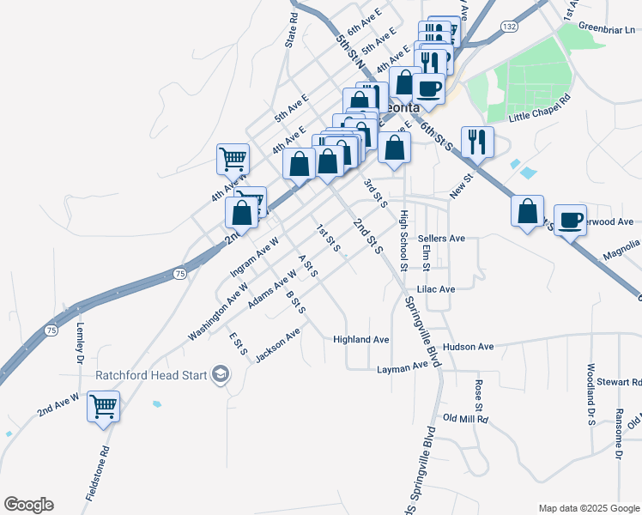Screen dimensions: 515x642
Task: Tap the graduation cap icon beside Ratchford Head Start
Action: (x=221, y=374)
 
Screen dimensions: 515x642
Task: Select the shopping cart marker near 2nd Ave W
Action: (x=104, y=406)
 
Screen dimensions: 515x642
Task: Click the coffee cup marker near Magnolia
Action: (x=570, y=221)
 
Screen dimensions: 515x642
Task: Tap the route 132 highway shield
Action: (x=510, y=27)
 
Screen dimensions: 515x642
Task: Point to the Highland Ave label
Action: (x=361, y=340)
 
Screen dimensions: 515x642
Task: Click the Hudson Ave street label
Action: (x=469, y=347)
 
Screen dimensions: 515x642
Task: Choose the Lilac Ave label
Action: (x=435, y=290)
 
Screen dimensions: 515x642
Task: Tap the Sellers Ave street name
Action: (x=441, y=238)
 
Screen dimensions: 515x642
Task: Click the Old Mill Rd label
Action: (x=465, y=419)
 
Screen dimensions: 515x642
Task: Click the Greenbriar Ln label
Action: (x=606, y=28)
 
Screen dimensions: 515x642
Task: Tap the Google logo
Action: (x=28, y=505)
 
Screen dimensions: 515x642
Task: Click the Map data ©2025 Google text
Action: (x=588, y=508)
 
